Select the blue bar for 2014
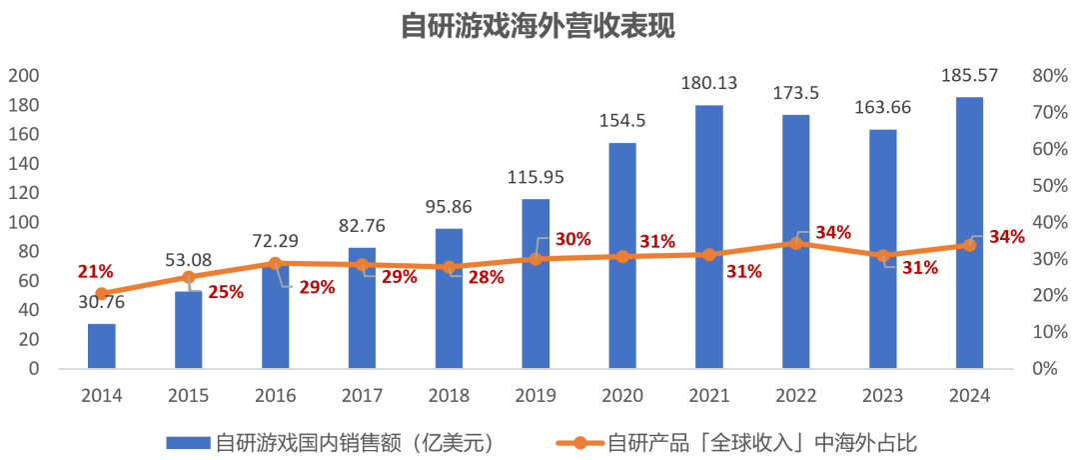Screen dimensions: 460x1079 pos(102,346)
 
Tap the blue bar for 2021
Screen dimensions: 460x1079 pos(709,237)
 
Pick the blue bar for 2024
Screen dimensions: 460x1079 pos(969,233)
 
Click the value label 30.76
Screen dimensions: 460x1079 pos(102,302)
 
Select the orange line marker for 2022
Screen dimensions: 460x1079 pos(796,243)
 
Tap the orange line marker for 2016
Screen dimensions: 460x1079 pos(276,263)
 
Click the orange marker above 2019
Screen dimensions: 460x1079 pos(536,258)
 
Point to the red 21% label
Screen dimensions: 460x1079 pos(96,272)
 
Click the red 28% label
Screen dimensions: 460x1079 pos(486,277)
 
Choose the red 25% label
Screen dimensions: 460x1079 pos(226,292)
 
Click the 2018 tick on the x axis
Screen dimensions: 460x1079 pos(449,395)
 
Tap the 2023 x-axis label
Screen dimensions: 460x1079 pos(882,395)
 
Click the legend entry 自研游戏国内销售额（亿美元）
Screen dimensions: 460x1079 pos(330,440)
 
